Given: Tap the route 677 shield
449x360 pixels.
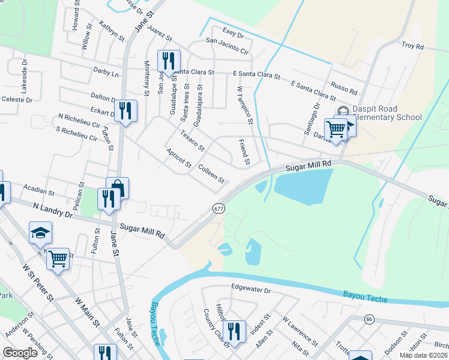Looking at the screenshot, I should point(218,208).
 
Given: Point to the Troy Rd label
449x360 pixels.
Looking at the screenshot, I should point(412,46).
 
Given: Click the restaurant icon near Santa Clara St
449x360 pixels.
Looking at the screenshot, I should point(168,61).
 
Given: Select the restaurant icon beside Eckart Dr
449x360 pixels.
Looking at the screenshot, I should point(126,110).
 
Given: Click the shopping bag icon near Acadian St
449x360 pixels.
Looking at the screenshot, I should point(118,188).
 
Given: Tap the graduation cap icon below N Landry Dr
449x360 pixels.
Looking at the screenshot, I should point(41,232).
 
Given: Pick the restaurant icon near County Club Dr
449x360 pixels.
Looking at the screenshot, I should point(234,331).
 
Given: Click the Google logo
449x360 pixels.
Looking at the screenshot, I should point(20,352).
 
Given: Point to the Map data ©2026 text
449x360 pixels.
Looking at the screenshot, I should point(423,355).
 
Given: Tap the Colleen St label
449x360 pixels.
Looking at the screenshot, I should point(211,174).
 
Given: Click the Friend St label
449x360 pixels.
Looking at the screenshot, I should point(243,152).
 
